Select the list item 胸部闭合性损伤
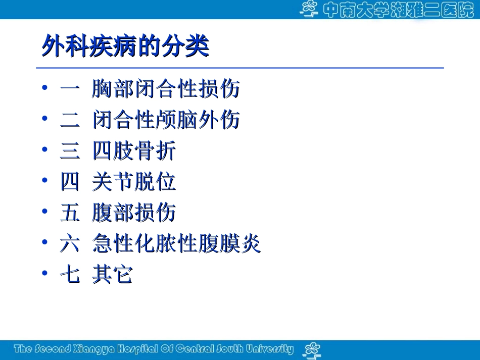tap(166, 89)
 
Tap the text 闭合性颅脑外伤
tap(166, 120)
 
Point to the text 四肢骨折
tap(134, 151)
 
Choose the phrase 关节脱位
tap(134, 182)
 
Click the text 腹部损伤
tap(134, 213)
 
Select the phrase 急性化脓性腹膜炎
tap(176, 244)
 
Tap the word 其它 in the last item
tap(113, 275)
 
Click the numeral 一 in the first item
tap(70, 89)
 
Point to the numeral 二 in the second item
tap(70, 120)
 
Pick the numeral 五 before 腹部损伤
tap(70, 213)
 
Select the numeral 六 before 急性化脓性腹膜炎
tap(70, 244)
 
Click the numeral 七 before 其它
tap(70, 275)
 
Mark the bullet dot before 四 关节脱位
tap(46, 181)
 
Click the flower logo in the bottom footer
tap(311, 349)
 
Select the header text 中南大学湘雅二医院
tap(397, 10)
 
